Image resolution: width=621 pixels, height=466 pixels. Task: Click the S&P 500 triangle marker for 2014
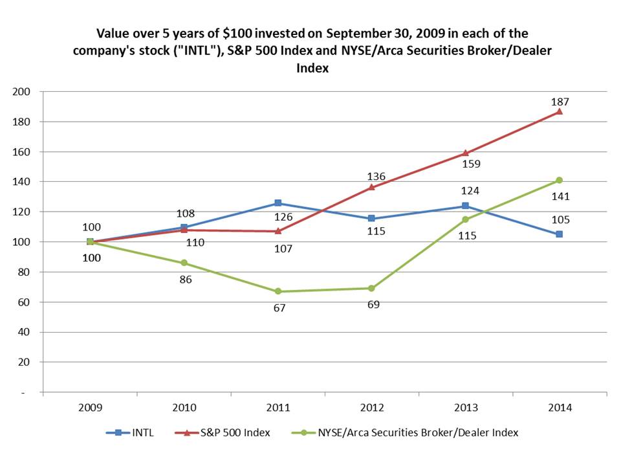click(560, 111)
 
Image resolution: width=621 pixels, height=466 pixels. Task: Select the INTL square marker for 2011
click(278, 203)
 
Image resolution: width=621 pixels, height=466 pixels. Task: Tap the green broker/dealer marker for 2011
click(278, 291)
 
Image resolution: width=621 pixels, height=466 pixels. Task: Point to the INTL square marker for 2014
click(560, 234)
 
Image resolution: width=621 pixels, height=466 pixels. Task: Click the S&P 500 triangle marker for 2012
click(371, 187)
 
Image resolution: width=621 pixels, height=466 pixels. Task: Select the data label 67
click(278, 308)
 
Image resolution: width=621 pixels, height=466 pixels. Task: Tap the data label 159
click(470, 164)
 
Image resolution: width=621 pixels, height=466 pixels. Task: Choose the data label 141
click(560, 197)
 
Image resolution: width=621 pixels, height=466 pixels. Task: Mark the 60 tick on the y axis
click(25, 302)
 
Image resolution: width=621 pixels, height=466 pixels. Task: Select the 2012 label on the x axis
click(371, 408)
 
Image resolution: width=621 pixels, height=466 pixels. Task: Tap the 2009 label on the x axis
click(90, 408)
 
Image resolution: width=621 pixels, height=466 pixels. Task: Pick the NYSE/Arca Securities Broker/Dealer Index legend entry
click(402, 432)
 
